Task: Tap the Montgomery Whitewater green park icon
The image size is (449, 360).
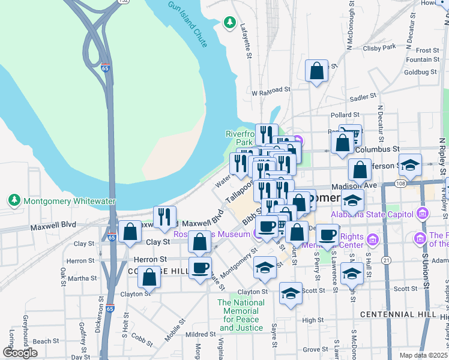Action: click(x=13, y=199)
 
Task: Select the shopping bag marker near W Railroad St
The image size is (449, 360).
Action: click(x=316, y=71)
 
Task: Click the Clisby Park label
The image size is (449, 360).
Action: click(x=379, y=46)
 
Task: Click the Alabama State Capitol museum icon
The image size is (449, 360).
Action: click(x=423, y=214)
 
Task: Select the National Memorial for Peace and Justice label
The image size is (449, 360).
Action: click(x=241, y=316)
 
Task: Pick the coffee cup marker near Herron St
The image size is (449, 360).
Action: click(x=200, y=267)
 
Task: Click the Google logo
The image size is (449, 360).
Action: click(x=20, y=353)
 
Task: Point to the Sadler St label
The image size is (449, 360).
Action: click(x=363, y=96)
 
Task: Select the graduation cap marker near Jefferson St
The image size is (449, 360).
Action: click(x=410, y=165)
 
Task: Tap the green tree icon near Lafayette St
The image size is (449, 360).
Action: click(x=229, y=23)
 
